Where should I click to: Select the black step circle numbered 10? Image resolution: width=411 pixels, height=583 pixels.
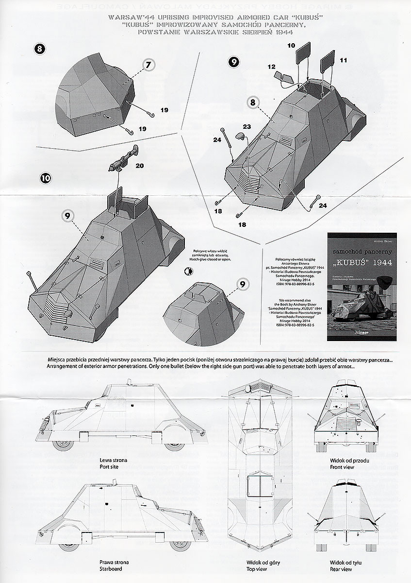[x=45, y=178]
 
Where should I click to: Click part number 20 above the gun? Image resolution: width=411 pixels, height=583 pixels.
[x=139, y=166]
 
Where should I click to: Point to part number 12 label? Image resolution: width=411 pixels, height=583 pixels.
[x=271, y=66]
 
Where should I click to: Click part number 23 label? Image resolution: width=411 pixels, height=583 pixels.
[x=247, y=126]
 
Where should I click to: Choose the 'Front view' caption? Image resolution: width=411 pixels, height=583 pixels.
[x=341, y=467]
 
